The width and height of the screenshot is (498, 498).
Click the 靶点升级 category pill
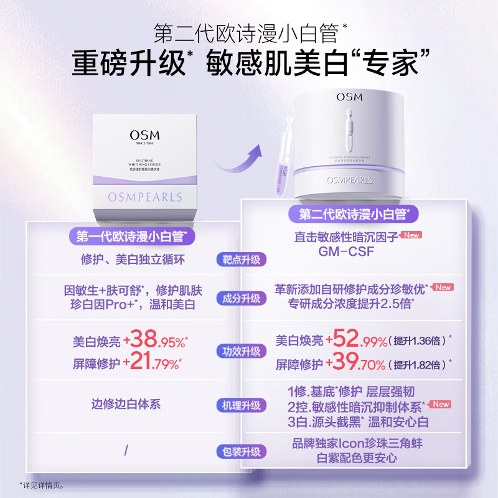[x=242, y=260]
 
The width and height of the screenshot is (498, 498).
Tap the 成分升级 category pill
[x=242, y=298]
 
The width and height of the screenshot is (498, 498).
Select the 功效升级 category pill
[x=242, y=352]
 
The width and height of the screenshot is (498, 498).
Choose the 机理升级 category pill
[x=242, y=406]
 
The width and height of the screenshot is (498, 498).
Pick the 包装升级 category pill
[x=242, y=452]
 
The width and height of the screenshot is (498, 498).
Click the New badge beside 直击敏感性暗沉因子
[x=411, y=235]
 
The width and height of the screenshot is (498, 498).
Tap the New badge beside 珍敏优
[x=443, y=288]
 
